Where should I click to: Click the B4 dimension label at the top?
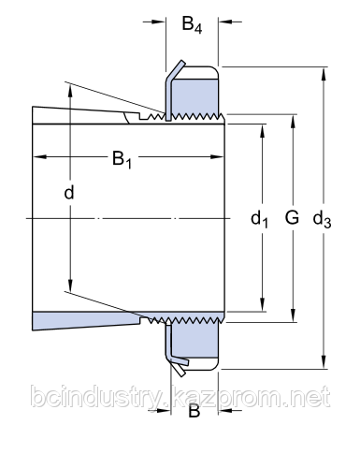pos(192,24)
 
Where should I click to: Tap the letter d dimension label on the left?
pos(69,192)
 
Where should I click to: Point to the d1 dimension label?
pos(259,218)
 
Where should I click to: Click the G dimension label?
pos(292,217)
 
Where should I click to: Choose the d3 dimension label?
pos(322,218)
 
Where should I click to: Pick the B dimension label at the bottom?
pos(194,411)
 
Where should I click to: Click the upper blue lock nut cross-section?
pos(195,96)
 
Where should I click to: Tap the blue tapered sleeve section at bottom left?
pos(86,320)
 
